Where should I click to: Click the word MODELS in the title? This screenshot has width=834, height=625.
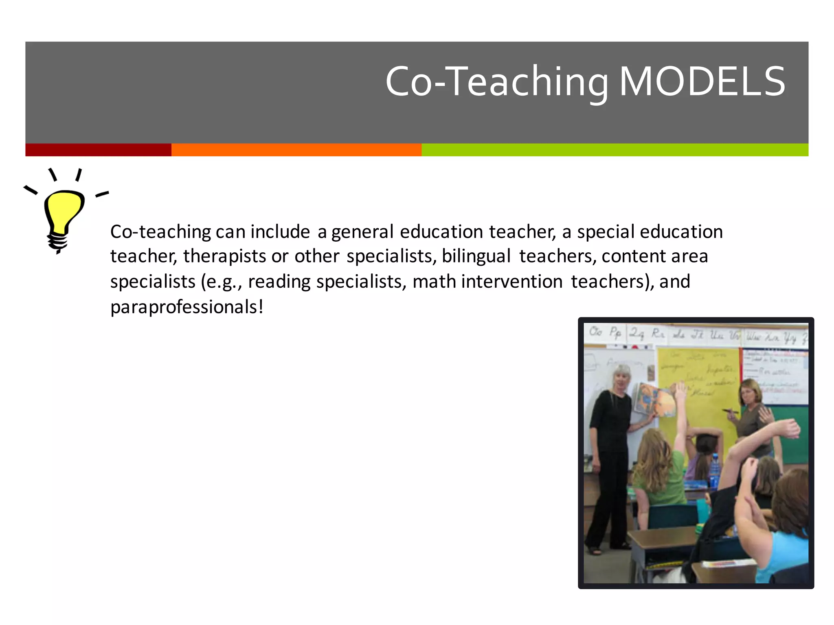[x=702, y=82]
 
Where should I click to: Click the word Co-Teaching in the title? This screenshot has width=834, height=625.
[x=497, y=82]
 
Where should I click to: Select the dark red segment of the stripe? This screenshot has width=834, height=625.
[x=98, y=150]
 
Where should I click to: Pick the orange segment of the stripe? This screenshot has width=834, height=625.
[x=296, y=150]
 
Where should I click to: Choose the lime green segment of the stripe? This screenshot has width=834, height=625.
[x=615, y=150]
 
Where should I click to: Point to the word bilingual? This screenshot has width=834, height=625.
[x=476, y=256]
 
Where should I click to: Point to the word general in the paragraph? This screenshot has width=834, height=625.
[x=362, y=232]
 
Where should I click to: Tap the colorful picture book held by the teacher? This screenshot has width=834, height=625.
[x=656, y=401]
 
